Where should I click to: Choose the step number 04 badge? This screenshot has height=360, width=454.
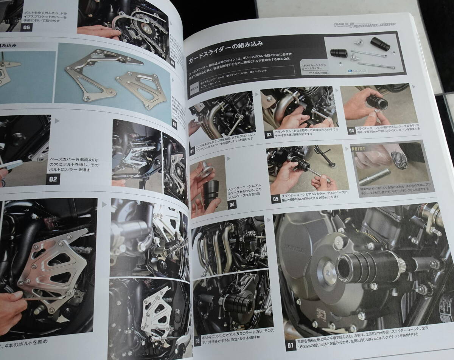(x=232, y=205)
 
